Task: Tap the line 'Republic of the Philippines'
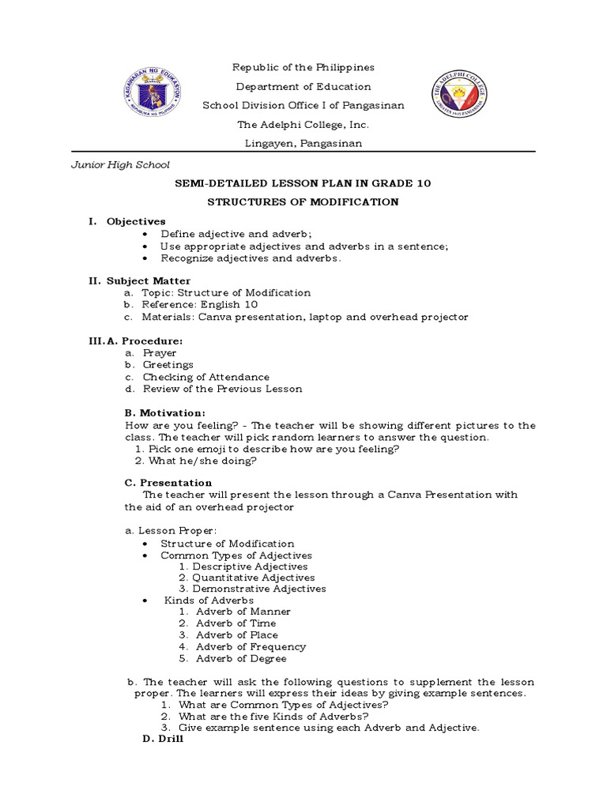303,68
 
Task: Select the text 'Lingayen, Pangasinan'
303,143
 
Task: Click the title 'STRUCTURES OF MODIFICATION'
303,202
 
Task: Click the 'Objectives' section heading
136,221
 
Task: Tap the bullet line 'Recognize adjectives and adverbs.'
251,258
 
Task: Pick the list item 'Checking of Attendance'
205,377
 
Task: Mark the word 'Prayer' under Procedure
160,352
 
